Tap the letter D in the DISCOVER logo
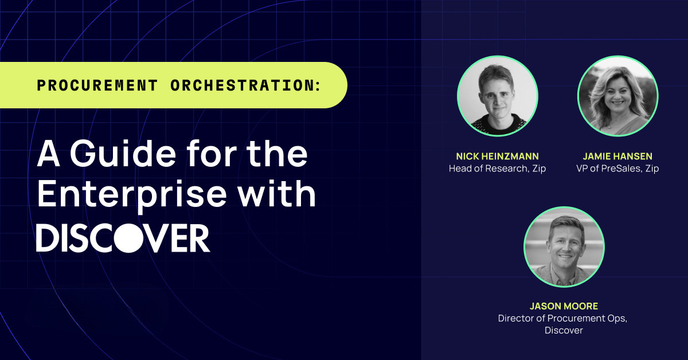[x=48, y=238]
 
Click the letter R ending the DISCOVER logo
[x=197, y=238]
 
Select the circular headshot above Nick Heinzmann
[x=497, y=96]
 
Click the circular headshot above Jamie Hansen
[x=617, y=96]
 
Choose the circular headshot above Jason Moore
[x=564, y=247]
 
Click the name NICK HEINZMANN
[x=497, y=156]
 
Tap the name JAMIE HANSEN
[x=617, y=156]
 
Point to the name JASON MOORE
[x=564, y=306]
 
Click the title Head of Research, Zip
[x=497, y=169]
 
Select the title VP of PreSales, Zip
[x=617, y=169]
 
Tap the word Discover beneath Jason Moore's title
[x=564, y=331]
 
